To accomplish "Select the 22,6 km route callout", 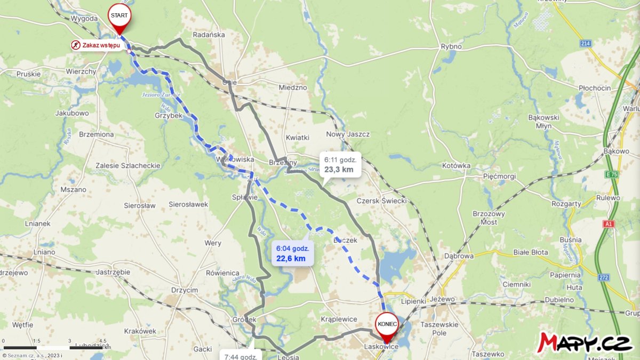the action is pos(292,253).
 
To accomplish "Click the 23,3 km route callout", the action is pos(340,164).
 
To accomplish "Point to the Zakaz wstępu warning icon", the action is pos(76,45).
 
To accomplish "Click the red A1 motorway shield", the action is pos(609,224).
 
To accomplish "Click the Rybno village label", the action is pos(451,46).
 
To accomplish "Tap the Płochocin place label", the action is pos(595,88).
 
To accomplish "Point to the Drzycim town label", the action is pos(185,290).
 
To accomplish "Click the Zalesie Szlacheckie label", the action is pos(127,165).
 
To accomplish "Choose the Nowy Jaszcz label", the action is pos(348,134).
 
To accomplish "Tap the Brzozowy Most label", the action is pos(485,217).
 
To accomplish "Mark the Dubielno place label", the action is pos(558,300).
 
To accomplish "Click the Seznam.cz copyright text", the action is pos(32,355).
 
